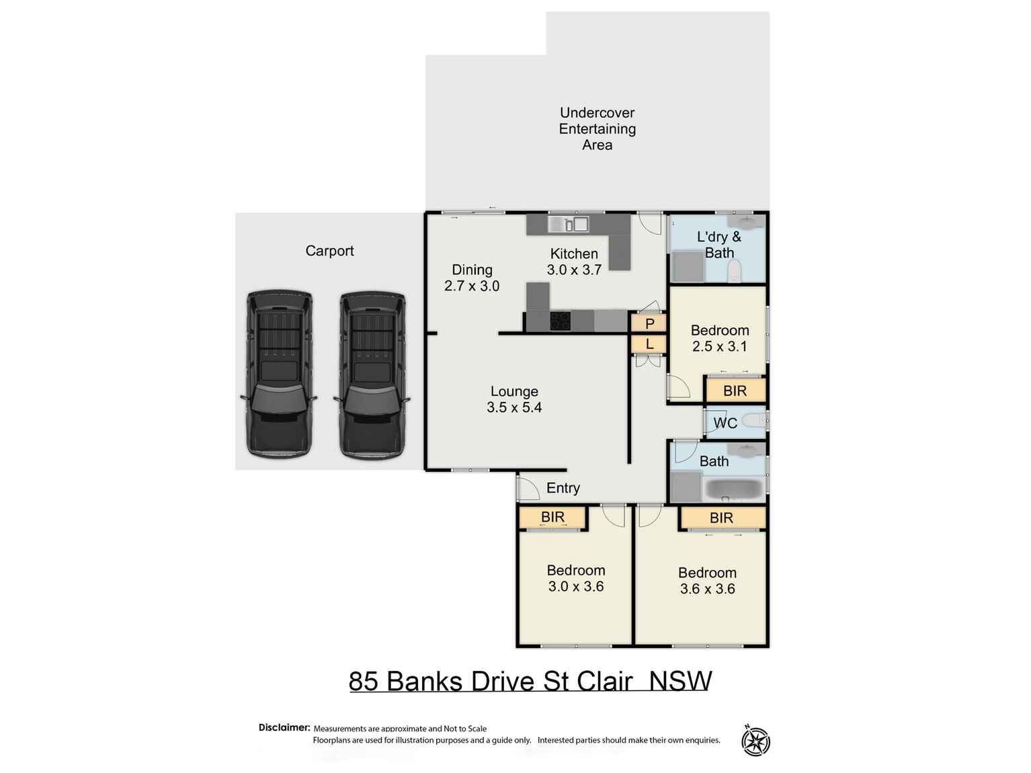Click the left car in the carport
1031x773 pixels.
click(x=279, y=374)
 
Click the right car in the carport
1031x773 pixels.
click(x=372, y=374)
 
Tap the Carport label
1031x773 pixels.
click(x=329, y=251)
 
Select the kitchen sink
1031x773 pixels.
click(x=568, y=224)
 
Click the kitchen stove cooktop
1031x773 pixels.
click(x=560, y=321)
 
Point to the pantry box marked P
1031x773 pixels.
click(x=649, y=323)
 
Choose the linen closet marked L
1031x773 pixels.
click(x=649, y=344)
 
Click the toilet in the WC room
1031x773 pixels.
click(x=755, y=421)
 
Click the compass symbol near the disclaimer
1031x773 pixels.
click(x=755, y=741)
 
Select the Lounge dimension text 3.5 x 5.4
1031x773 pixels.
click(x=514, y=407)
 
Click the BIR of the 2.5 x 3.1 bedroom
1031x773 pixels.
click(x=735, y=391)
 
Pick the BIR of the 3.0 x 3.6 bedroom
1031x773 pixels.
click(x=552, y=517)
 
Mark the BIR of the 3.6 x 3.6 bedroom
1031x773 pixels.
click(x=722, y=518)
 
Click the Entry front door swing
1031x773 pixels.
click(x=528, y=487)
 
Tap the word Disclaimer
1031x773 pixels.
click(x=284, y=727)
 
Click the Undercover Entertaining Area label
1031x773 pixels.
click(x=597, y=128)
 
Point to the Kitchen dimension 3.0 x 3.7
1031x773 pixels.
click(x=574, y=270)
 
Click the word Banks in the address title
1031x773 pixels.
click(x=425, y=681)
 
